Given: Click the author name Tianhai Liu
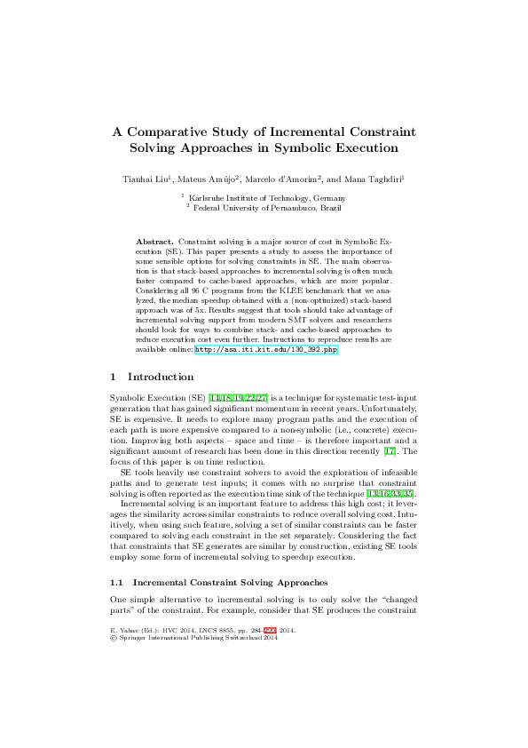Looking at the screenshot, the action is click(x=146, y=180).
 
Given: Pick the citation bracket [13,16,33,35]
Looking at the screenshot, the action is click(x=392, y=493).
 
